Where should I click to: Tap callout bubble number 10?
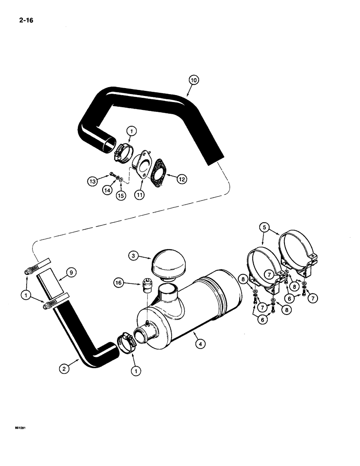194,80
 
